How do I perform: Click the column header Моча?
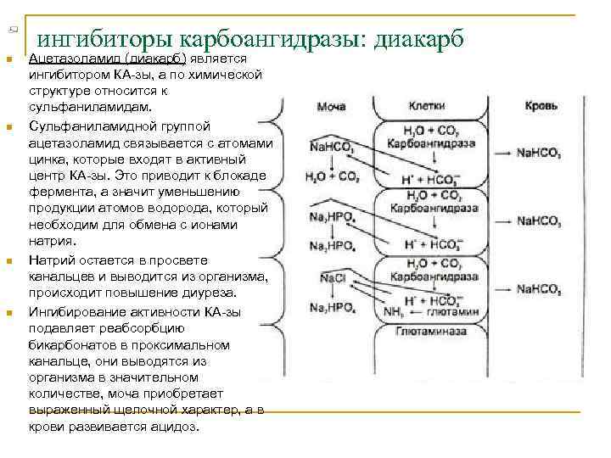(331, 108)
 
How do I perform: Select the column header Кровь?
(541, 108)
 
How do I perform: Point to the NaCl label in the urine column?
(332, 278)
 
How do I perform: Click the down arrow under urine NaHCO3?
(331, 163)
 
